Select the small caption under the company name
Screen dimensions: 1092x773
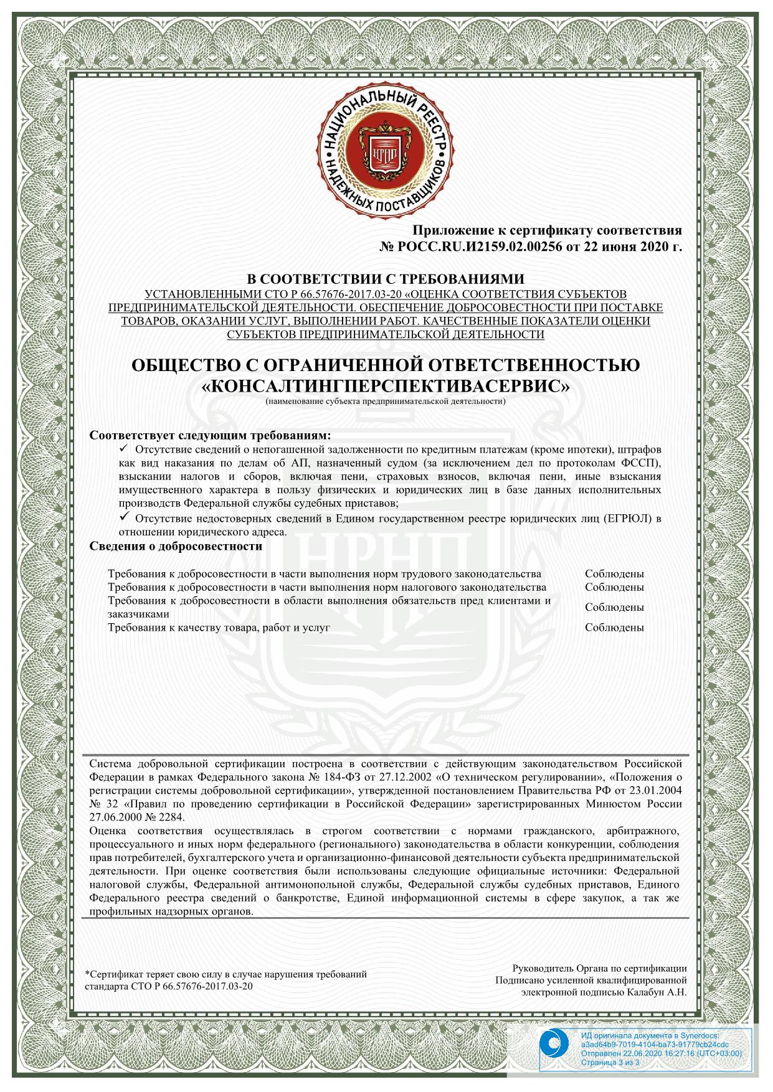point(386,402)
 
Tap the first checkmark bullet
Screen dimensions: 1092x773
point(123,448)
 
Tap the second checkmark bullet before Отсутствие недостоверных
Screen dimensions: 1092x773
point(123,517)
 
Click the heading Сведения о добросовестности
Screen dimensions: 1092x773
point(176,546)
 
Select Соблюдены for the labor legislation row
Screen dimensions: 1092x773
point(614,574)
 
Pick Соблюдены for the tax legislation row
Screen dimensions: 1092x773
point(614,587)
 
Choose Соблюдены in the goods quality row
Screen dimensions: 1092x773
point(614,628)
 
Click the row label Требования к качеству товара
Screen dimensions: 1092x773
point(219,628)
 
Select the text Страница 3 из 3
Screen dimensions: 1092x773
point(611,1062)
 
